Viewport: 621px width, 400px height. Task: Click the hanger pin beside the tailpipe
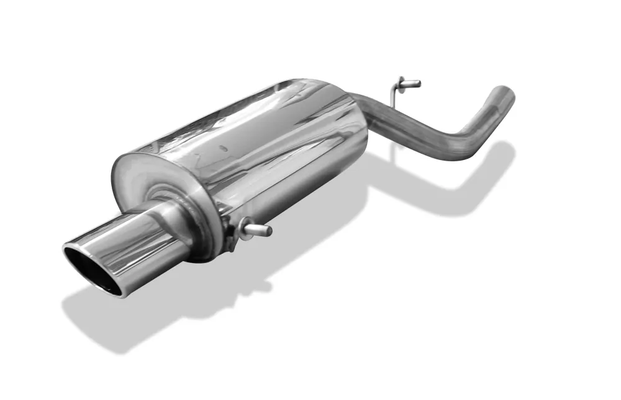tap(258, 231)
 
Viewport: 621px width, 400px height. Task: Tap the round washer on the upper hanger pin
tap(401, 82)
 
